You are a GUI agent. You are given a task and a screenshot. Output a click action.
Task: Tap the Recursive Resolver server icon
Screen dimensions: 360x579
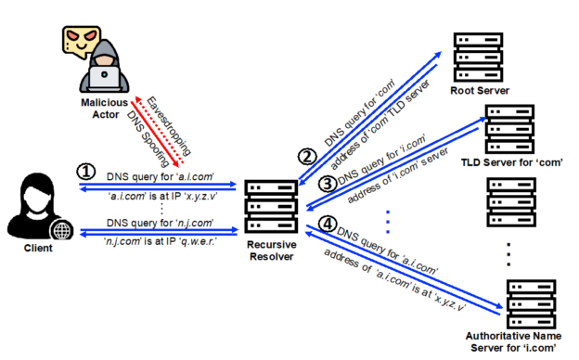click(269, 202)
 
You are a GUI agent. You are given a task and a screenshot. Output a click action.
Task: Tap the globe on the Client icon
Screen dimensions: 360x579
click(60, 229)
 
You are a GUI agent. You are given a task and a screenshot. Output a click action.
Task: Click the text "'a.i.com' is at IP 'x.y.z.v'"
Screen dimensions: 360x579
click(161, 196)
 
